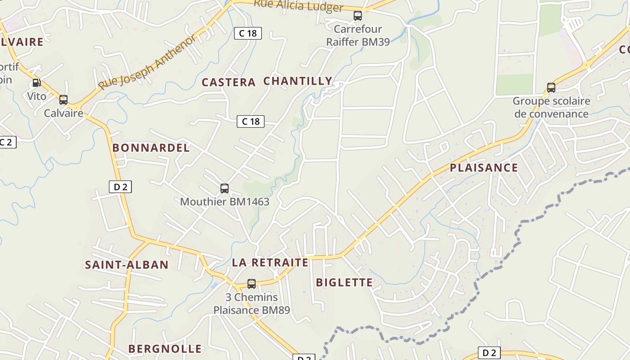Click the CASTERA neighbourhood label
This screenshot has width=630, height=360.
[x=229, y=82]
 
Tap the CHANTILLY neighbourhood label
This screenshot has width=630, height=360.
[x=297, y=81]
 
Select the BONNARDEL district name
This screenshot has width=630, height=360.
[x=151, y=148]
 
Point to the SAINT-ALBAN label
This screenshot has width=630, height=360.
[x=126, y=265]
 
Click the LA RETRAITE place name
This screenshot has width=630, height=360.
[x=270, y=262]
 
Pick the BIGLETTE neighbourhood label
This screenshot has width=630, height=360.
[x=344, y=283]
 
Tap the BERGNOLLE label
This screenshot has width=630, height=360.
[x=165, y=349]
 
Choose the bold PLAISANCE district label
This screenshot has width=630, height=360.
[x=484, y=168]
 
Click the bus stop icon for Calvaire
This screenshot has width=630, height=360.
[x=63, y=100]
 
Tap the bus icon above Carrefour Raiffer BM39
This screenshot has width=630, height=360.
[x=358, y=16]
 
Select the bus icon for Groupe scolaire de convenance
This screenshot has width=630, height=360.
[x=551, y=88]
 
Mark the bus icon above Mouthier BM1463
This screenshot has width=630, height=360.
[x=225, y=189]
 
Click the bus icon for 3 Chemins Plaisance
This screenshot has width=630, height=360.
[x=252, y=284]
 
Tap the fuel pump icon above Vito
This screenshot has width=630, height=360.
[x=36, y=83]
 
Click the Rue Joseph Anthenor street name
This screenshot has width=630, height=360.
[x=147, y=63]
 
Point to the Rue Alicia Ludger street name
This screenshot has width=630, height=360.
[x=298, y=6]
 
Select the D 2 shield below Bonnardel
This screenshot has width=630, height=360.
[x=120, y=187]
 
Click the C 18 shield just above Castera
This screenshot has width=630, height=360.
[x=247, y=33]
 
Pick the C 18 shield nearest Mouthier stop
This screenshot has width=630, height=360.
[x=251, y=121]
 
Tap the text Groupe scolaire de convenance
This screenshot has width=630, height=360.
[x=551, y=107]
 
